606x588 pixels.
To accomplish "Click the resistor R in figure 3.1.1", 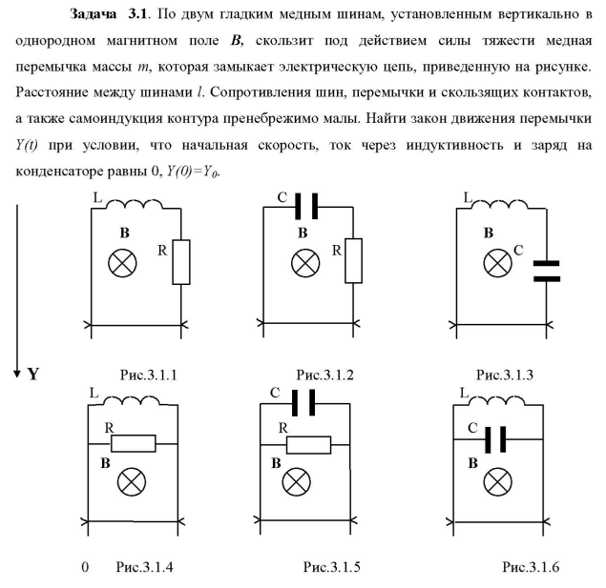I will coord(181,263).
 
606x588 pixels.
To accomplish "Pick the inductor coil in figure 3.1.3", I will coord(490,205).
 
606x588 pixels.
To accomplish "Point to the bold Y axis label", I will coord(33,372).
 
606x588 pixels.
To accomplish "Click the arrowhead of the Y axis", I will coord(16,371).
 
